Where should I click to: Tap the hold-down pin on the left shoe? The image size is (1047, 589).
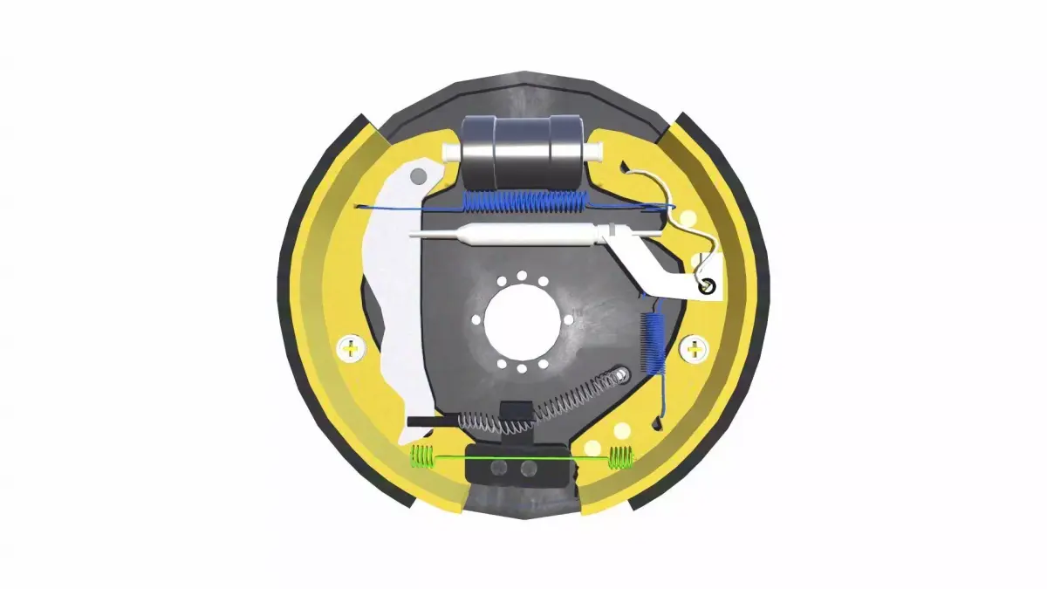click(x=351, y=349)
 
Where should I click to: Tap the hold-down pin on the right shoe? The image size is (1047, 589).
click(x=695, y=350)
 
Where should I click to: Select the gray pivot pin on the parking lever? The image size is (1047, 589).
click(x=419, y=178)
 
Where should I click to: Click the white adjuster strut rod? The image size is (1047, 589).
click(x=506, y=234)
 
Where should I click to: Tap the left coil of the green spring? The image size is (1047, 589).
click(x=422, y=455)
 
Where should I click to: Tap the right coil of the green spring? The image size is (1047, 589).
click(x=620, y=456)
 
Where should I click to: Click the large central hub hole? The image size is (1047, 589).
click(x=521, y=319)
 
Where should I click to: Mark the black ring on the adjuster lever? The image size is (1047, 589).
click(x=707, y=284)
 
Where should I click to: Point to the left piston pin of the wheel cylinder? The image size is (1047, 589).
click(x=452, y=152)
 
